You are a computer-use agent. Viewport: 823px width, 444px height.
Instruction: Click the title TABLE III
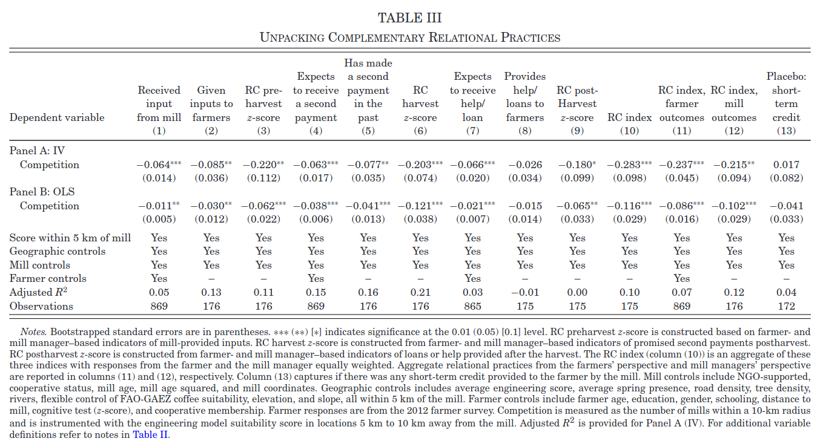pos(410,18)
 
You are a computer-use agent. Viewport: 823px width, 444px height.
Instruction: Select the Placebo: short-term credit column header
pos(786,97)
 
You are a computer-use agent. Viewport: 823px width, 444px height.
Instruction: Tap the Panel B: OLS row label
pos(42,192)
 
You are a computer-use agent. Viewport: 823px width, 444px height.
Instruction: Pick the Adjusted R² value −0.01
pos(525,292)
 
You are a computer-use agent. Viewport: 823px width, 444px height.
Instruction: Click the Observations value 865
pos(473,306)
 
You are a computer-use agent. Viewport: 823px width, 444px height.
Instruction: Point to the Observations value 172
pos(786,306)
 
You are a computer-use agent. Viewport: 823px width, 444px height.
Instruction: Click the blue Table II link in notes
pos(151,434)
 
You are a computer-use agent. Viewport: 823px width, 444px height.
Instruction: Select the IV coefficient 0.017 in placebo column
pos(786,165)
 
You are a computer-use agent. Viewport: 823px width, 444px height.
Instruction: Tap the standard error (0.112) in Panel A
pos(263,178)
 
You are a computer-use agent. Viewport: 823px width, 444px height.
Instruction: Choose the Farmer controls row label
pos(48,278)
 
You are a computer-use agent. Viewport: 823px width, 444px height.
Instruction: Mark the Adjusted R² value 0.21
pos(420,292)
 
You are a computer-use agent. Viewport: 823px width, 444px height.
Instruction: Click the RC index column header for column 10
pos(630,117)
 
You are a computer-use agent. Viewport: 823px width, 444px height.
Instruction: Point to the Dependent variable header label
pos(57,117)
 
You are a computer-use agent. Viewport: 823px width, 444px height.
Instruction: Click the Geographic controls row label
pos(58,251)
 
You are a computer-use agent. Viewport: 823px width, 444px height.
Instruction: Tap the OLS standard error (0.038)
pos(420,219)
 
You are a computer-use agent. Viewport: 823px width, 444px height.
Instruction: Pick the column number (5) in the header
pos(368,131)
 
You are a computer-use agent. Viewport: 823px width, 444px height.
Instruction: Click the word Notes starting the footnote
pos(33,331)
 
